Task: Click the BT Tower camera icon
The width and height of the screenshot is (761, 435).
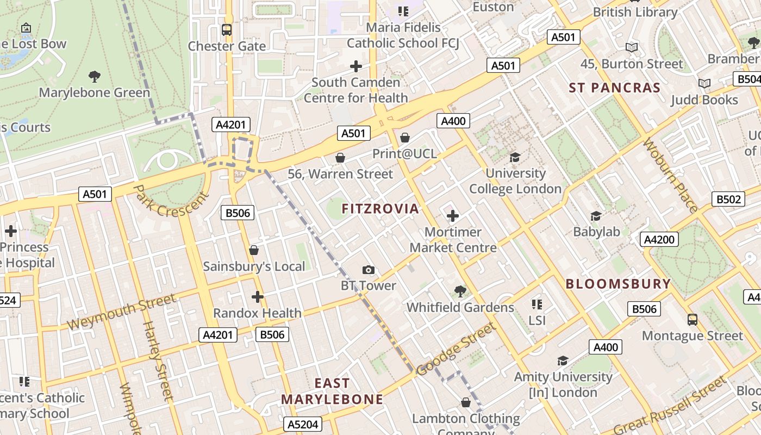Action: pos(369,270)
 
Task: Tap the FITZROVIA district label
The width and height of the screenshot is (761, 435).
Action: pos(380,208)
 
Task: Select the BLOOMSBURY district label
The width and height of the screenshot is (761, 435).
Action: pos(618,284)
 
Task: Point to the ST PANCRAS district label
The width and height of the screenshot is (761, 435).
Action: pos(615,88)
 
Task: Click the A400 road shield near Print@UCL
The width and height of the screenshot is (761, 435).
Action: pos(453,121)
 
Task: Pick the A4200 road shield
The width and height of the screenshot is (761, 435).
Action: pos(659,239)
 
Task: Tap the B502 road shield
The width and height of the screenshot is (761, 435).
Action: pos(728,199)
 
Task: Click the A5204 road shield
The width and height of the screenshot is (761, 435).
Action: pos(303,424)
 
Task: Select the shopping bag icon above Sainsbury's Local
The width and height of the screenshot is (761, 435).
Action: pos(253,250)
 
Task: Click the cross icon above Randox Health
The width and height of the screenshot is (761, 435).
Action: pos(258,297)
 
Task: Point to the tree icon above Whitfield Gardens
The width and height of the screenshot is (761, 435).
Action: pos(460,291)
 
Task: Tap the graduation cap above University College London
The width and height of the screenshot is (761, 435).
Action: pos(515,158)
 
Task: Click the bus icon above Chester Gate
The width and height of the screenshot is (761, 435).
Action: pos(227,30)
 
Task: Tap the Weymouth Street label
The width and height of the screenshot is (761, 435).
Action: pos(122,311)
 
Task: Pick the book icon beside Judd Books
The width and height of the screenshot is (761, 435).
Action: pos(704,84)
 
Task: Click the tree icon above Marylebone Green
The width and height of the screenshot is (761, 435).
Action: pos(95,76)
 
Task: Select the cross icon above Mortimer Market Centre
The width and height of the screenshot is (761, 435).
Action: pos(453,216)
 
